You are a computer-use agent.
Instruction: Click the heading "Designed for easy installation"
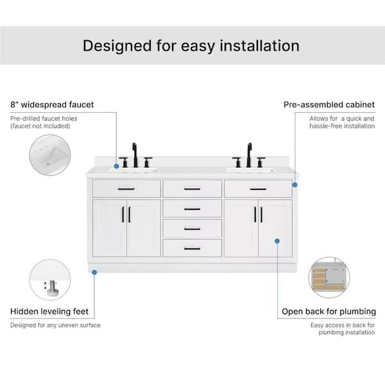coord(191,46)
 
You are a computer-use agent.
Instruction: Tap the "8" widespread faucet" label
coord(52,105)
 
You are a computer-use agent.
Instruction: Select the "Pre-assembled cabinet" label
coord(329,105)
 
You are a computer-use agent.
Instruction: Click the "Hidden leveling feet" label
coord(49,311)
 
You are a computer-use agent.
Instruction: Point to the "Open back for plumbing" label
coord(329,312)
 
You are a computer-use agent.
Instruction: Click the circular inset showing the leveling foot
coord(50,280)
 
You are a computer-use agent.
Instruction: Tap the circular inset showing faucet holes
coord(50,155)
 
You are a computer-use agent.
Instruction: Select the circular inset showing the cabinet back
coord(329,277)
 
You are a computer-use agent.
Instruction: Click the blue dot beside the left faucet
coord(117,166)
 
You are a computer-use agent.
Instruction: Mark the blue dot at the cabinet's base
coord(94,272)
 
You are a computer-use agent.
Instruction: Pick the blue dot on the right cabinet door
coord(277,241)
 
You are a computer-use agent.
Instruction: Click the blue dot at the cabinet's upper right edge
coord(295,185)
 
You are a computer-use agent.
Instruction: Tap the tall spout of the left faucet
coord(135,155)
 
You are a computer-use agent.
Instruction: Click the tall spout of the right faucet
coord(249,155)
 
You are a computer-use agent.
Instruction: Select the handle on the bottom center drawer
coord(193,249)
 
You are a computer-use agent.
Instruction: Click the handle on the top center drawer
coord(193,189)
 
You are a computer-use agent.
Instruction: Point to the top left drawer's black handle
coord(126,189)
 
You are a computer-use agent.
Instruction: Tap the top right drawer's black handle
coord(258,189)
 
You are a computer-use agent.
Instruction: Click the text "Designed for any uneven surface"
coord(55,325)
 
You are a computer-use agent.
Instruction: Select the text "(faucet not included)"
coord(40,126)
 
